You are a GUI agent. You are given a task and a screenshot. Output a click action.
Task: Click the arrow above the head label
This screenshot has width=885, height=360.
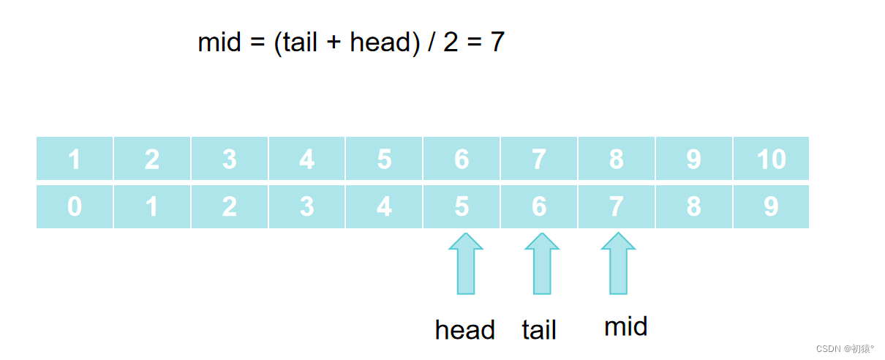coord(466,264)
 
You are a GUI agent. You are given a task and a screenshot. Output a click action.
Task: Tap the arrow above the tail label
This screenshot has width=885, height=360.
coord(542,264)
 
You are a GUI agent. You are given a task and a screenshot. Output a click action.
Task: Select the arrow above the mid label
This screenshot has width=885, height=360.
coord(618,264)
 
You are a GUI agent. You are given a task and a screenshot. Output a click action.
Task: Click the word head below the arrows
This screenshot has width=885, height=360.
coord(464,330)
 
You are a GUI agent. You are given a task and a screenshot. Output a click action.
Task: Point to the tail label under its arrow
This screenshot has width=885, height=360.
coord(539,330)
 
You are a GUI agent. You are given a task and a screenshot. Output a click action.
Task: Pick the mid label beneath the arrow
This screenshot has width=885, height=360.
coord(625,326)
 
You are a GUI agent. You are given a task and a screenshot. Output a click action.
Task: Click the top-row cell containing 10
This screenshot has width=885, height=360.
coord(771,159)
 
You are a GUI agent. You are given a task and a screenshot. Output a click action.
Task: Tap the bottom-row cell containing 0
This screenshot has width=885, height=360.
coord(75,207)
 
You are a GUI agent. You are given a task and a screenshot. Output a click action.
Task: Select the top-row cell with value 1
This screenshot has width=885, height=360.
coord(75,159)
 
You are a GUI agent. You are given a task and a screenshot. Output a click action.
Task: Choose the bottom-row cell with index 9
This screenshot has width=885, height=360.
coord(771,207)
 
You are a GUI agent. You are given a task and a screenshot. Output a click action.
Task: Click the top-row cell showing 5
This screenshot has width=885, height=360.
coord(384,159)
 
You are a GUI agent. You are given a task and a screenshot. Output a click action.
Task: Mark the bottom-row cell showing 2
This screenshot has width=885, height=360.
coord(229,207)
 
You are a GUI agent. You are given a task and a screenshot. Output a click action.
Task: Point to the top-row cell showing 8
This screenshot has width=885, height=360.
coord(616,159)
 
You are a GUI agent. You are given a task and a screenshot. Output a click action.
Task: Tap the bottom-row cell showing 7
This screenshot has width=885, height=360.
coord(616,207)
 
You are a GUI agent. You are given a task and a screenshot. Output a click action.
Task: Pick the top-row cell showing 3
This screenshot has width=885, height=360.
coord(229,159)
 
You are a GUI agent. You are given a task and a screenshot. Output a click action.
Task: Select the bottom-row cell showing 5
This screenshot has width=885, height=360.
coord(462,207)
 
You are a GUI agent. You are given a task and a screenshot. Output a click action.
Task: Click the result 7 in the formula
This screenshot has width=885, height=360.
coord(497,42)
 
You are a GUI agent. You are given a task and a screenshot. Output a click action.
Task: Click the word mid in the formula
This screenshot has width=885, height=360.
coord(219,42)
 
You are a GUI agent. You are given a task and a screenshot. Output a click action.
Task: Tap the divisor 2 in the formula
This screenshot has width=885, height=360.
coord(450,42)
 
